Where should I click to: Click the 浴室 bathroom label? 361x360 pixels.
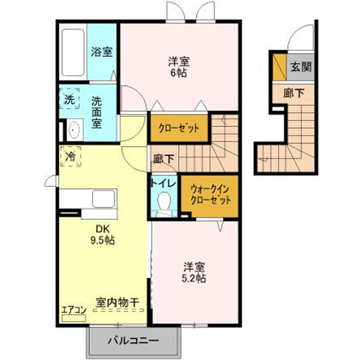[x=102, y=52]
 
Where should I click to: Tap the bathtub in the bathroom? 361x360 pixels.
[x=73, y=52]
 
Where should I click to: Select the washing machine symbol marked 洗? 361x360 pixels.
[x=69, y=98]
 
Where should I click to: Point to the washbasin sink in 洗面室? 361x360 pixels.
[x=74, y=130]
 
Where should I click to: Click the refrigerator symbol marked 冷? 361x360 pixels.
[x=71, y=156]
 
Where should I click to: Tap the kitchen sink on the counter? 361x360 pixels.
[x=104, y=199]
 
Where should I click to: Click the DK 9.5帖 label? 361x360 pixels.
[x=103, y=234]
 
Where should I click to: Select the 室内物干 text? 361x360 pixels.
[x=118, y=303]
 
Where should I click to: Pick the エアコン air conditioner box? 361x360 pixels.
[x=74, y=318]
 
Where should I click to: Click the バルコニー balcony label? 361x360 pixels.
[x=134, y=340]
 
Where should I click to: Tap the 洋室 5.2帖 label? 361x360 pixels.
[x=194, y=273]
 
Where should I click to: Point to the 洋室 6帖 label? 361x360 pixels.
[x=179, y=67]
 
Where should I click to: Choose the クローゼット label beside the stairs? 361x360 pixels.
[x=179, y=128]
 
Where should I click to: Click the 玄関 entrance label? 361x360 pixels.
[x=301, y=67]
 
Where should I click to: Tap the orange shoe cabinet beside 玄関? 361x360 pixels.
[x=280, y=67]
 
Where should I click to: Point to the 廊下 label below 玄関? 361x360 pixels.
[x=293, y=93]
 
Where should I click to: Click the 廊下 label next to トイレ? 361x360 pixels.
[x=164, y=159]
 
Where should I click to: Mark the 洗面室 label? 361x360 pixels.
[x=96, y=113]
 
